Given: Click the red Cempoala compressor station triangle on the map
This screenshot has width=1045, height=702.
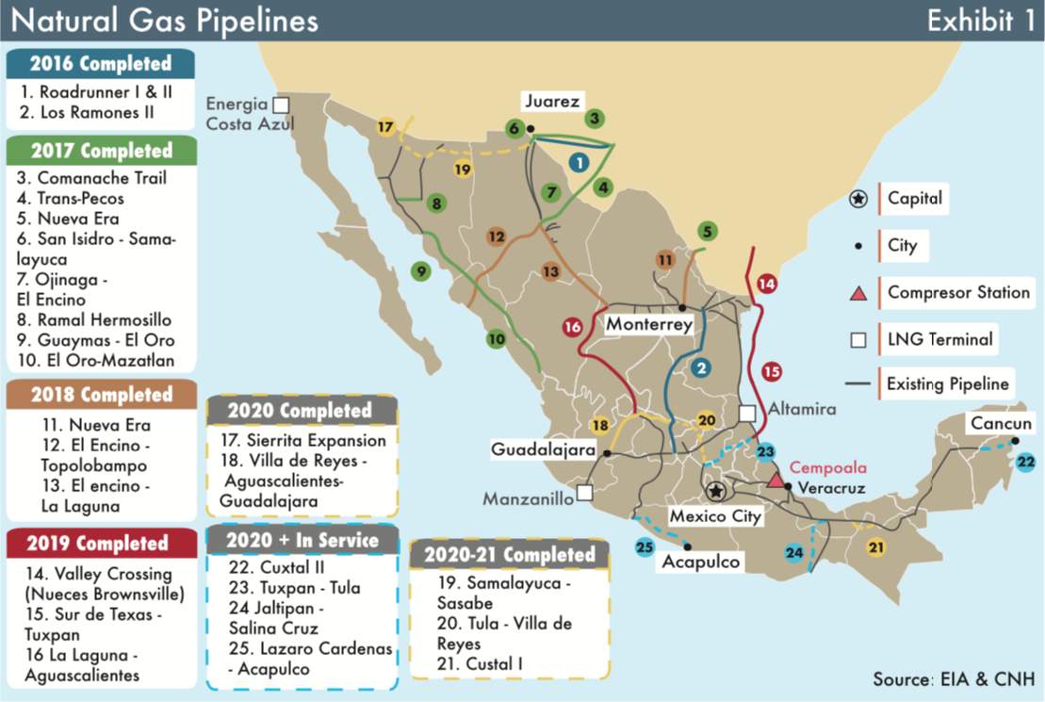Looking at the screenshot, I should (776, 481).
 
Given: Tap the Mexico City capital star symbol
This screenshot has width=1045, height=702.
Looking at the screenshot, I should (716, 491).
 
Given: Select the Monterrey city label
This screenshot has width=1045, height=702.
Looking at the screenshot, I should (649, 324).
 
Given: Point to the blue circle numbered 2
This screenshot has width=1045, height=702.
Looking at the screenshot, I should (699, 367).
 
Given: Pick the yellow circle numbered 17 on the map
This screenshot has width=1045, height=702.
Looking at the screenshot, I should (385, 126).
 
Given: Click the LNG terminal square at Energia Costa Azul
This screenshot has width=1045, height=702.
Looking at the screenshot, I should (281, 105).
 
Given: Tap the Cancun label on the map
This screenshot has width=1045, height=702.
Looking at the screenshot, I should (1002, 424).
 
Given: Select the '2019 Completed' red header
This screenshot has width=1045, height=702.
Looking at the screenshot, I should (98, 544).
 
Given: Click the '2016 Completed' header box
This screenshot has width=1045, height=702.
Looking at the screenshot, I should (100, 64).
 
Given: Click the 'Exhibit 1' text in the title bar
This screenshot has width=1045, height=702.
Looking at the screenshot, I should (979, 20).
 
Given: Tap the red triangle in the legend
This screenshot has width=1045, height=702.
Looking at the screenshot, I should (857, 293).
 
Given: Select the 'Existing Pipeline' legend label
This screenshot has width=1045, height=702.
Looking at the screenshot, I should (946, 384).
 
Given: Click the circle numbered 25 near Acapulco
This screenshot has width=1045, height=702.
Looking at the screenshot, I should (645, 547).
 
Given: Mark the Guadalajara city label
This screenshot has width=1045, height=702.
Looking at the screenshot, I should (543, 450).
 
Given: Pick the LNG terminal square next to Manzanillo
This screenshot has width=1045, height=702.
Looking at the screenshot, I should (584, 492).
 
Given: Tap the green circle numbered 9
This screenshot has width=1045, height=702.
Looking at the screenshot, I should (421, 272).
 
